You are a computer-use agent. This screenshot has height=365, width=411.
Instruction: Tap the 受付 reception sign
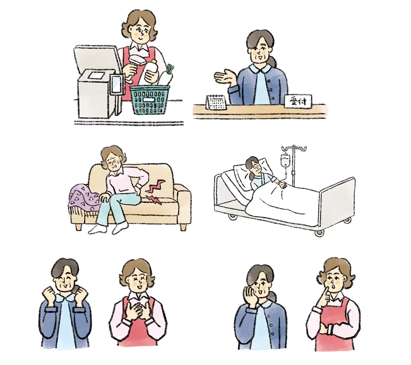coord(298,102)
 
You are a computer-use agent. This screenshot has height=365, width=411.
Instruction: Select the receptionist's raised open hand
coord(225,76)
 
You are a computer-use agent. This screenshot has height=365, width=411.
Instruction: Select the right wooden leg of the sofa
coord(183,227)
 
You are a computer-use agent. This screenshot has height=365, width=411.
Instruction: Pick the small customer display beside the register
coord(117,84)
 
